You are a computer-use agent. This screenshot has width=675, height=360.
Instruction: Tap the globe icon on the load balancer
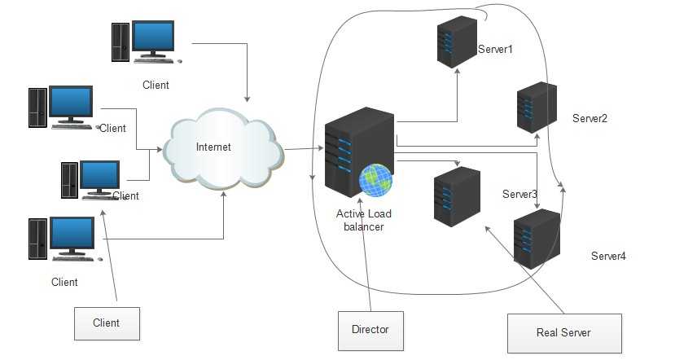coord(376,181)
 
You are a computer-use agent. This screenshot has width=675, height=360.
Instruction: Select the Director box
coord(370,330)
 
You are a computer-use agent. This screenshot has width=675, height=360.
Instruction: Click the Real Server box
coord(563,332)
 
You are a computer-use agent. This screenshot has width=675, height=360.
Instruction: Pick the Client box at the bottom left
coord(106,323)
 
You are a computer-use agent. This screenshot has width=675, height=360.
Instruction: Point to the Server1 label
coord(495,50)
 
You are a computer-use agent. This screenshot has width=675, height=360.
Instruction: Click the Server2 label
coord(590,119)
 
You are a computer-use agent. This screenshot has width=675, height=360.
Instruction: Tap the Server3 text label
coord(519,195)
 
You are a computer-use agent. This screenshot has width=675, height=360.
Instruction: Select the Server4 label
coord(608,257)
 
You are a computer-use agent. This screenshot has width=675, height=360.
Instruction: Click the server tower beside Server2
coord(537,108)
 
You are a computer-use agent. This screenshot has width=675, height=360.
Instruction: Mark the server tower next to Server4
coord(537,239)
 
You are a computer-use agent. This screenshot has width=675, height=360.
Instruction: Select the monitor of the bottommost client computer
coord(72,235)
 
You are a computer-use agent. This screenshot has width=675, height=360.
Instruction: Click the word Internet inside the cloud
coord(214,147)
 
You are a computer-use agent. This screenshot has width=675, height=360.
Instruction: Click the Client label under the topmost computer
coord(156,85)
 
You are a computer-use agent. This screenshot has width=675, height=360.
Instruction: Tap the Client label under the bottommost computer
coord(64,283)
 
